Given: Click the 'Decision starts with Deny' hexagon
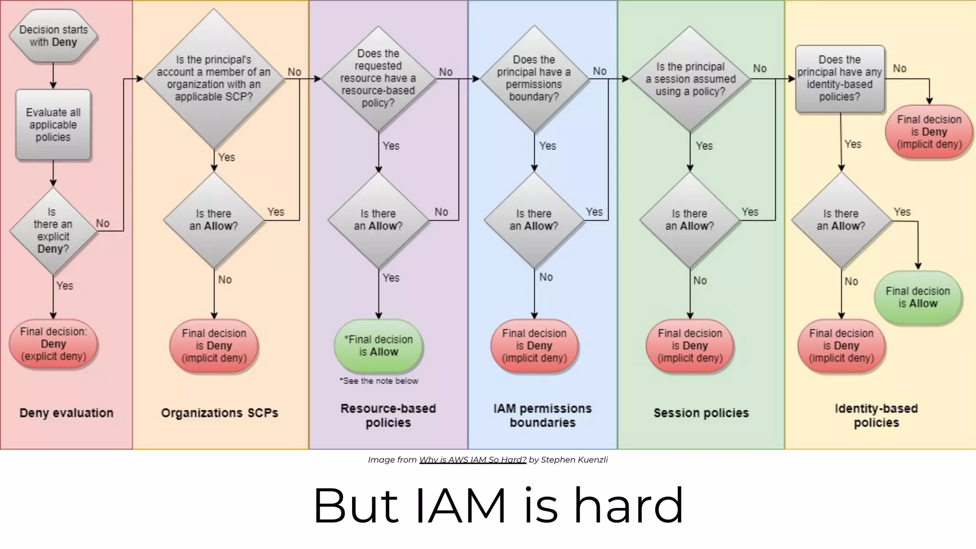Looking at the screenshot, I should point(53,36).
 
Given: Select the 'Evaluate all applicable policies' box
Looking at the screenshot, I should point(53,125).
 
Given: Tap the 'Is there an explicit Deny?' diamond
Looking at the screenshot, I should point(53,231).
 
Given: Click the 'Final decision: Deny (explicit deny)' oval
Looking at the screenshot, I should point(53,344).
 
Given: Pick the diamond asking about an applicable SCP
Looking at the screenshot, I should point(213,79).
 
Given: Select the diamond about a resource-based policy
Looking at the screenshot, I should point(378,79).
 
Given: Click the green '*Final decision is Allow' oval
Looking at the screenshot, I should point(378,346).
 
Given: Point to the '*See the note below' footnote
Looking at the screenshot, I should point(378,381).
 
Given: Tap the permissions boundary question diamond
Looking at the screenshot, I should point(534,79).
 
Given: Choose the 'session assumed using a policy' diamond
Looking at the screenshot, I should point(690,79).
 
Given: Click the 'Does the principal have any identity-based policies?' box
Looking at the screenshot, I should point(840,79).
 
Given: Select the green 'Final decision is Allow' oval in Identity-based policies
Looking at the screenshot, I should point(917,297).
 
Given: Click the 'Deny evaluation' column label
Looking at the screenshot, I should point(66,413).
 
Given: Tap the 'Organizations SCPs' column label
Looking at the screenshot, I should point(219,413).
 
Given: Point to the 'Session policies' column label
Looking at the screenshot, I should point(701,413).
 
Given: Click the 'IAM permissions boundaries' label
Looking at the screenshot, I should point(542,415).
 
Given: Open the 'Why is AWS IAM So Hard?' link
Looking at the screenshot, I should point(472,460).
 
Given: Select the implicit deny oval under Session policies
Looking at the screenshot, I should point(690,346).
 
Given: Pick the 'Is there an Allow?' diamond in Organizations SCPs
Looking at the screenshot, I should point(213,220).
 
